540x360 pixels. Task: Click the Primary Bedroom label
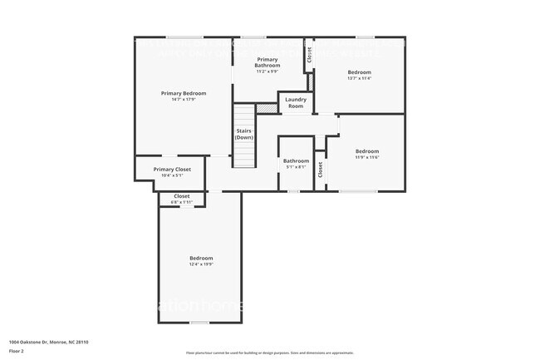tap(184, 93)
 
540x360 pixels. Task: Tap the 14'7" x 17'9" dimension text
tap(184, 100)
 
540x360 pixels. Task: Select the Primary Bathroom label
tap(268, 62)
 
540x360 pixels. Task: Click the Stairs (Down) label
tap(244, 134)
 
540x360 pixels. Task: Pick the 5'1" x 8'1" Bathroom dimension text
tap(296, 167)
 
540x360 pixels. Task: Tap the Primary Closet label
tap(172, 170)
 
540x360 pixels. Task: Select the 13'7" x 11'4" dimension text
tap(359, 79)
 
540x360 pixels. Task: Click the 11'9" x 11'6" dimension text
tap(367, 157)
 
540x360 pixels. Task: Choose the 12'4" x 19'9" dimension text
tap(201, 264)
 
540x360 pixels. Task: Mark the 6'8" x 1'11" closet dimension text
tap(181, 202)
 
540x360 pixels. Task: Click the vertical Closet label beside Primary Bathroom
tap(309, 55)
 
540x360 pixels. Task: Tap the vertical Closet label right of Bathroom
tap(319, 169)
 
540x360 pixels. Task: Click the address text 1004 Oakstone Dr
tap(49, 342)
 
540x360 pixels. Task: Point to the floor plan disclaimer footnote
tap(270, 353)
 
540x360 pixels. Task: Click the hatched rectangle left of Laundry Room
tap(265, 107)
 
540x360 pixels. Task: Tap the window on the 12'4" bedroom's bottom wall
tap(199, 323)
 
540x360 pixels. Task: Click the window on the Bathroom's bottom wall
tap(293, 191)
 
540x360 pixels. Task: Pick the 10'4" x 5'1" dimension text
tap(172, 175)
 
